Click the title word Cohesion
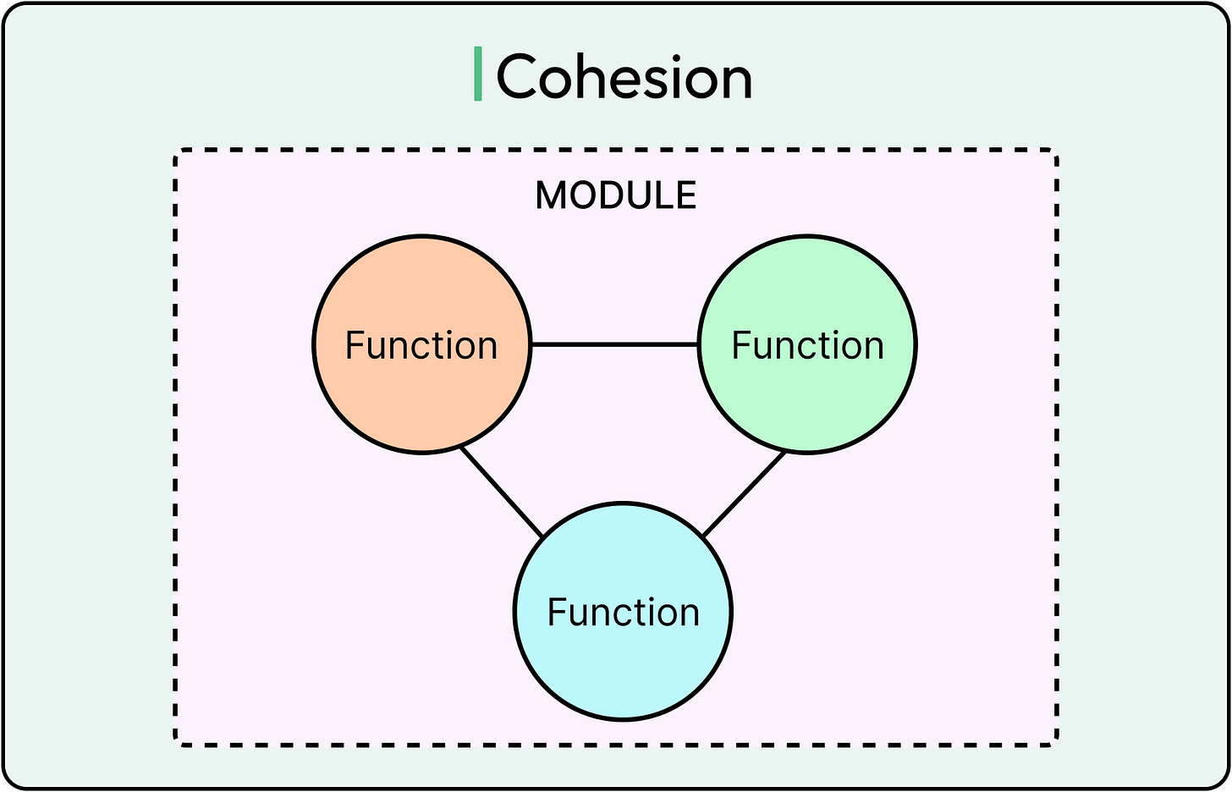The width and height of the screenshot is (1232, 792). [624, 77]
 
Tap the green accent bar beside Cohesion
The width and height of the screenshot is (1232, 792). [478, 74]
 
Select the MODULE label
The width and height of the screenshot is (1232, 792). [616, 195]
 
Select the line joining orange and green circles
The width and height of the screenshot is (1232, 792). [614, 344]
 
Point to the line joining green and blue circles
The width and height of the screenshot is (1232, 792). [744, 495]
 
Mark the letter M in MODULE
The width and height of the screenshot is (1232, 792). [551, 196]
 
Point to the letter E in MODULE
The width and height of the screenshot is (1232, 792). [687, 196]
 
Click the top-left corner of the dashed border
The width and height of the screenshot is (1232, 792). [177, 152]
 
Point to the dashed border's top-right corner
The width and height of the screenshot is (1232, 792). [1055, 152]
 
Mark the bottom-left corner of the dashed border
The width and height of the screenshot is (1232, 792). [177, 744]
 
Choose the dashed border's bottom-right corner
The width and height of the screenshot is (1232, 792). [1055, 744]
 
